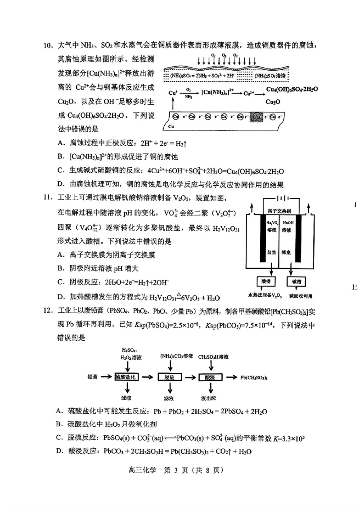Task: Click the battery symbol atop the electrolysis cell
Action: (x=283, y=199)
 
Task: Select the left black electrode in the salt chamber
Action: (x=262, y=238)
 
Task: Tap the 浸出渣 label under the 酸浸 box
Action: (x=210, y=398)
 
